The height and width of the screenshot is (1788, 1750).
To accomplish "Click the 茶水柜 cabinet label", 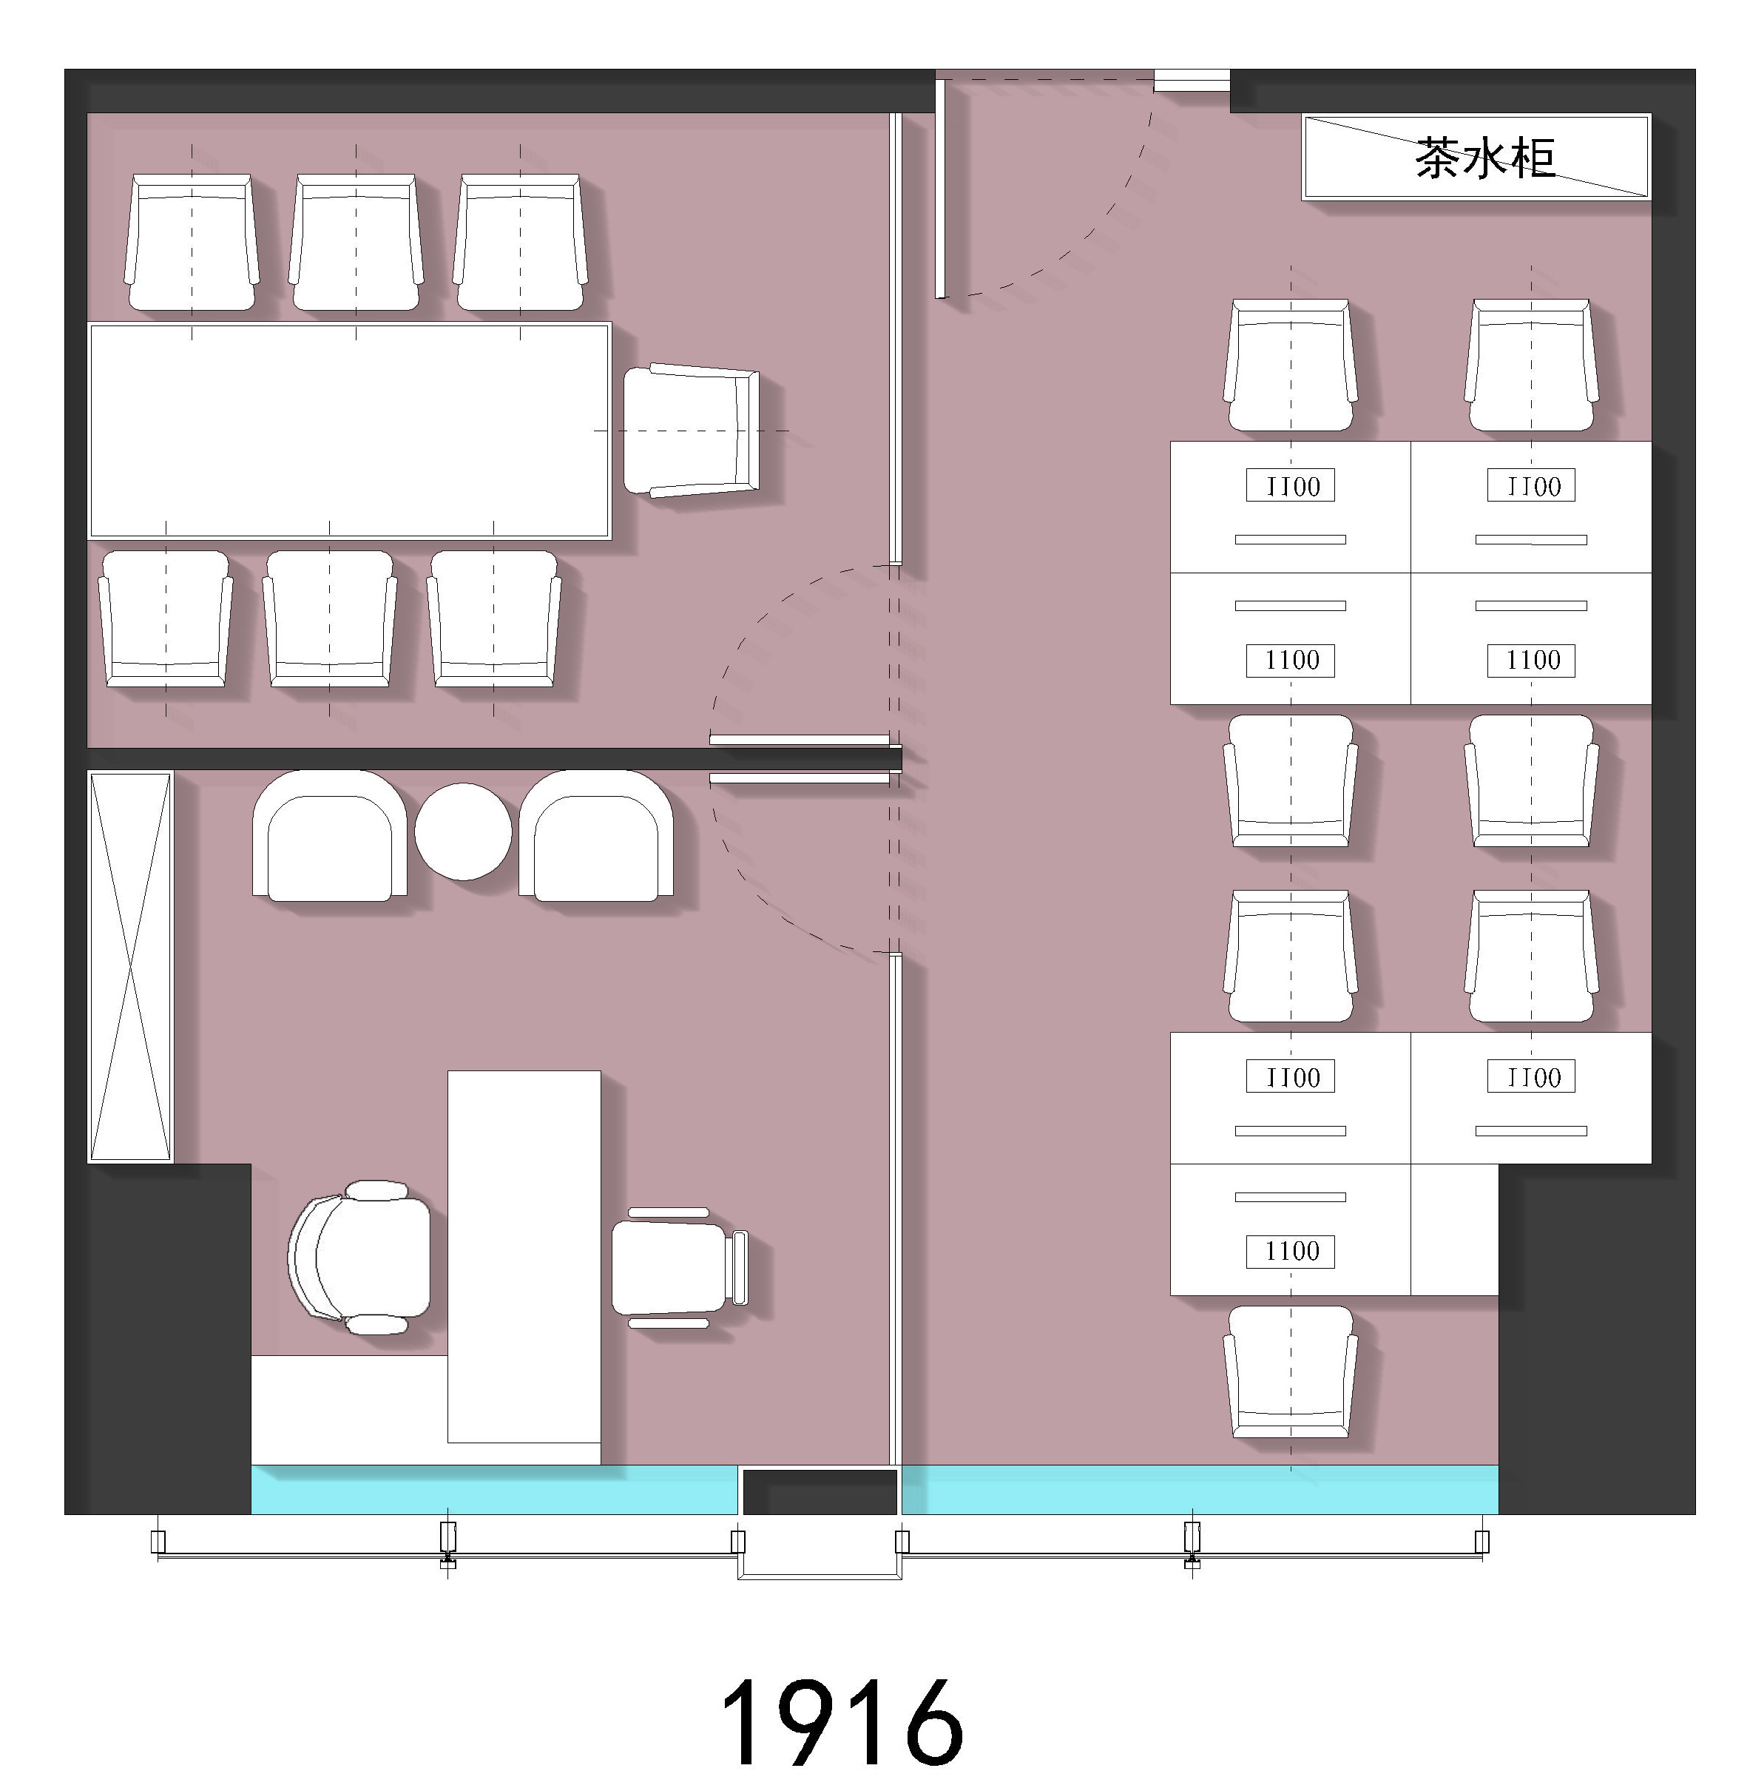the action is pyautogui.click(x=1484, y=158).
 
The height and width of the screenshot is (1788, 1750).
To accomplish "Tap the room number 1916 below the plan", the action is pyautogui.click(x=842, y=1722).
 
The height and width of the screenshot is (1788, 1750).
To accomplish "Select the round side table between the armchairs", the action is pyautogui.click(x=463, y=831).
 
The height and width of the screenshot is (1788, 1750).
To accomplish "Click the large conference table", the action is pyautogui.click(x=349, y=431).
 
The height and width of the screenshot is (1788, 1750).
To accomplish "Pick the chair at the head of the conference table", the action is pyautogui.click(x=691, y=431).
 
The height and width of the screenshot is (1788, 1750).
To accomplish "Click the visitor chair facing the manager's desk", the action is pyautogui.click(x=680, y=1266).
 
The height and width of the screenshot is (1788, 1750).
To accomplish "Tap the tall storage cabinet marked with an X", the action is pyautogui.click(x=129, y=966).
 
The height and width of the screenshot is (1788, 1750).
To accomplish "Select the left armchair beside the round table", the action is pyautogui.click(x=330, y=834).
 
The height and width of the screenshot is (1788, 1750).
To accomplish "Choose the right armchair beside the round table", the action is pyautogui.click(x=596, y=834).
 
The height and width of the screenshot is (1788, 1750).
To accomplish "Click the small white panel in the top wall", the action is pyautogui.click(x=1192, y=81).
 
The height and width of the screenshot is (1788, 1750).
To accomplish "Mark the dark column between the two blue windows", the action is pyautogui.click(x=820, y=1491).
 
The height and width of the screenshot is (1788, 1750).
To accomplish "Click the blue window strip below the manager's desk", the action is pyautogui.click(x=495, y=1489).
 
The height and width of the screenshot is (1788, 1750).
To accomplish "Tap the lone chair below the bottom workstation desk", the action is pyautogui.click(x=1291, y=1372).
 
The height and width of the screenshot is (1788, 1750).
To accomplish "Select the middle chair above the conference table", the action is pyautogui.click(x=356, y=243).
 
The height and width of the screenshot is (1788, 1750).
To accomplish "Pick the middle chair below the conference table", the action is pyautogui.click(x=330, y=618).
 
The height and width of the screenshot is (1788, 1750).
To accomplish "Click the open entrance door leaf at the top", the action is pyautogui.click(x=940, y=189).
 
